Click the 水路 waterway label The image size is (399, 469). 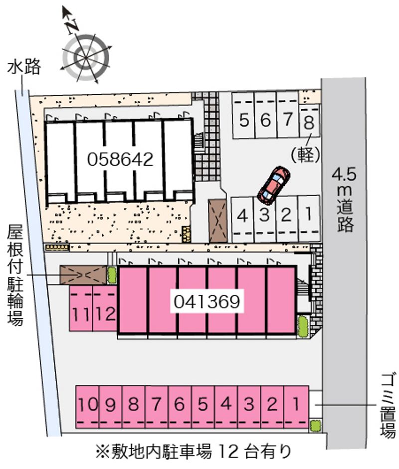tap(23, 67)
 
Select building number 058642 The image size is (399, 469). tap(120, 159)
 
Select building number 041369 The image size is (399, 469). tap(208, 301)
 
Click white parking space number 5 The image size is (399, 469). tap(244, 120)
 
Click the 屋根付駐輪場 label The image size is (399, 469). tap(15, 275)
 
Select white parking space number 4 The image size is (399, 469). tap(243, 216)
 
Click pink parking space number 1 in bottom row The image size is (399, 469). tap(296, 404)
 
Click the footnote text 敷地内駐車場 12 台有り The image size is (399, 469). tap(195, 453)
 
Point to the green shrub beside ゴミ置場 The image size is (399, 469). tap(315, 426)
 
